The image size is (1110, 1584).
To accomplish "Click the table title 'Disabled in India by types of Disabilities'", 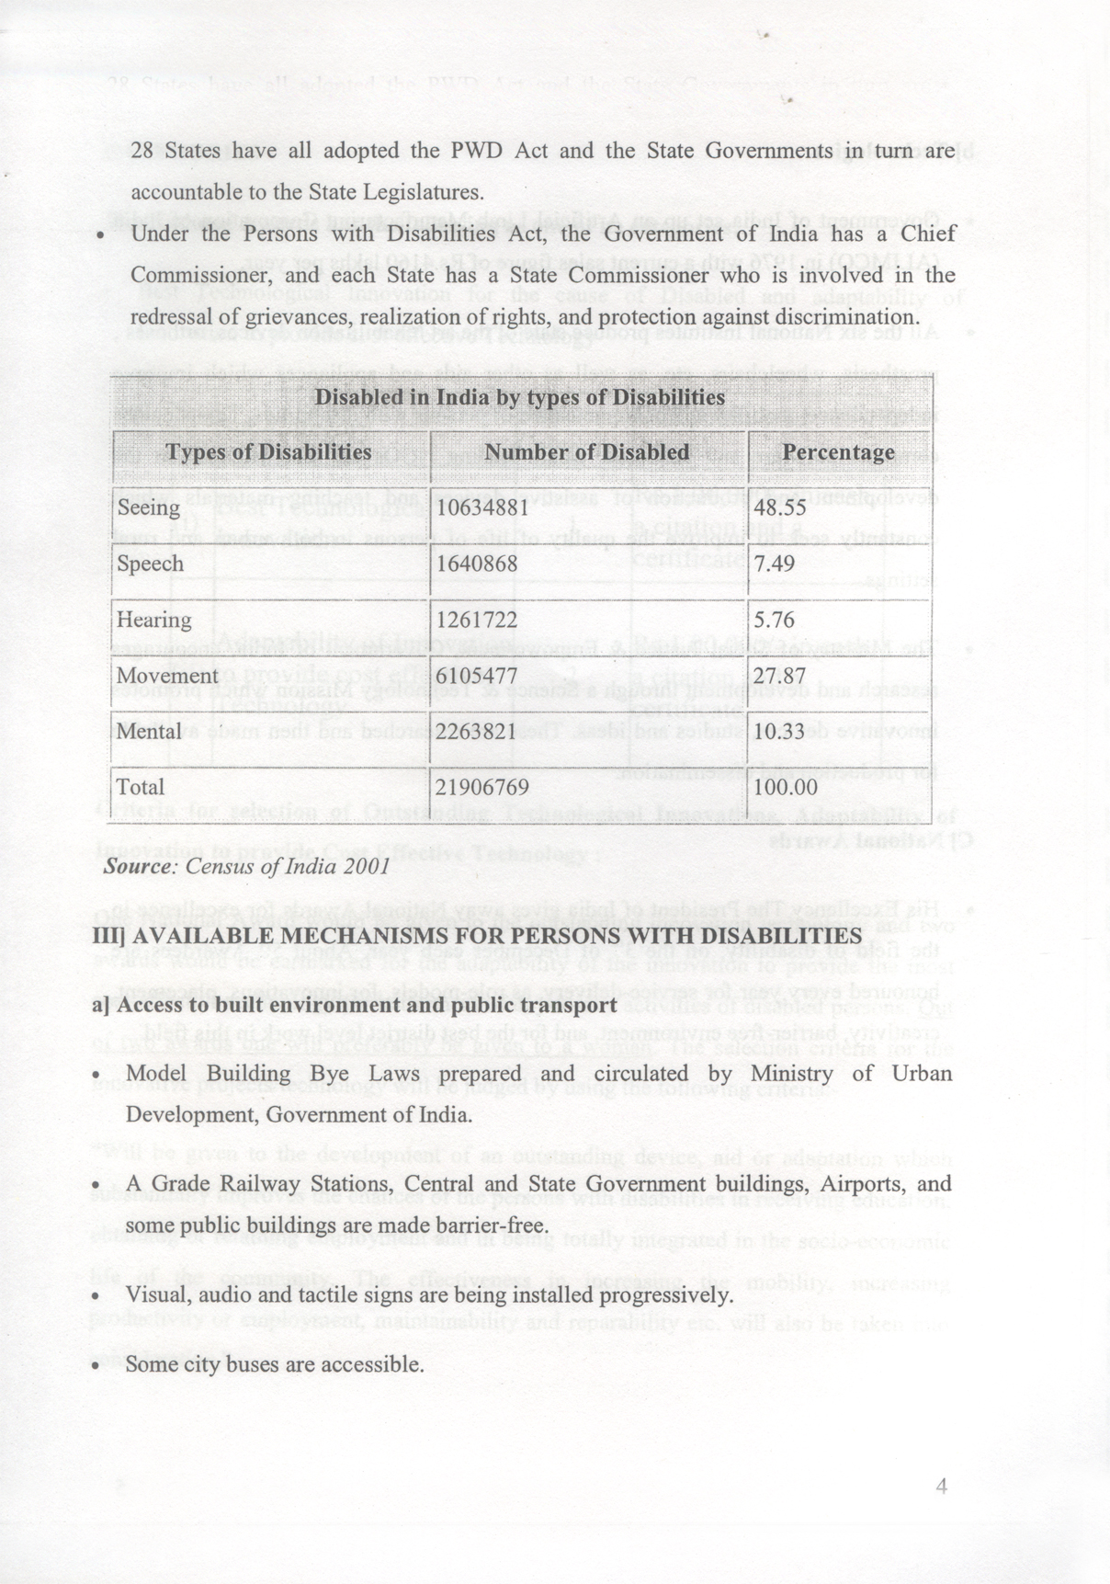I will [519, 398].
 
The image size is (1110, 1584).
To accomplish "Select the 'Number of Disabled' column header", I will [586, 452].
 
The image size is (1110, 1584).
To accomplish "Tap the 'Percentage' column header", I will [838, 452].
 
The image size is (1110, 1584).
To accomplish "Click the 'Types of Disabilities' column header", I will [268, 452].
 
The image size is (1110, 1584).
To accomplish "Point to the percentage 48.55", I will [779, 508].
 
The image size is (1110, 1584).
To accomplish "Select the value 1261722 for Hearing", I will [477, 621].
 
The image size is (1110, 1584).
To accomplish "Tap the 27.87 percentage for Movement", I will [779, 676].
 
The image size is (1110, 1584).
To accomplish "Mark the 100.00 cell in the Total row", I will [785, 788].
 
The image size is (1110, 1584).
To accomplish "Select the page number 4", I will [940, 1487].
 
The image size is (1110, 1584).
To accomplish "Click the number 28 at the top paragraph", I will [142, 151].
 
